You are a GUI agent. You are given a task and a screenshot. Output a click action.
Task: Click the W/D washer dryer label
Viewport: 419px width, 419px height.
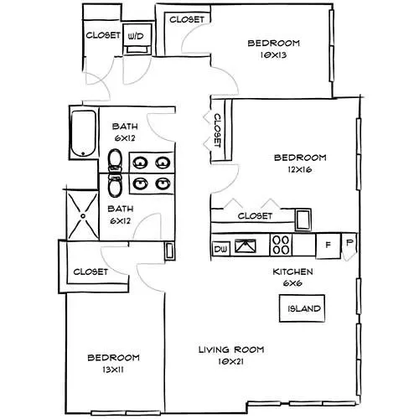click(x=136, y=36)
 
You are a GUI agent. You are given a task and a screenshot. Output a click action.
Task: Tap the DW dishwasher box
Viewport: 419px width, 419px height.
click(x=221, y=249)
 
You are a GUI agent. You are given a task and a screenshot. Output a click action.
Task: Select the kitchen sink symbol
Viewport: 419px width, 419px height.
click(x=246, y=246)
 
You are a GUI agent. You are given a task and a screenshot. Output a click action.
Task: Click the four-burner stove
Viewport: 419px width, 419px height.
click(x=281, y=245)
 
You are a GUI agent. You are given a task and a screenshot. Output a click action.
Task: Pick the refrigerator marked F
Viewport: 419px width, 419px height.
click(x=328, y=246)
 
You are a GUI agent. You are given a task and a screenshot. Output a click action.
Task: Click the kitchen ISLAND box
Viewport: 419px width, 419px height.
click(x=303, y=308)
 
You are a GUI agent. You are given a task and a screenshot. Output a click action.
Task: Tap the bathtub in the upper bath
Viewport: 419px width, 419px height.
click(x=84, y=133)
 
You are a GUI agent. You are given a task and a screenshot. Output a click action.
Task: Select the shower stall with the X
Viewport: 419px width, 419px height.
click(x=83, y=215)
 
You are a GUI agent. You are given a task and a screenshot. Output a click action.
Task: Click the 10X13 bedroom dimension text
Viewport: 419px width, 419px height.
click(x=273, y=55)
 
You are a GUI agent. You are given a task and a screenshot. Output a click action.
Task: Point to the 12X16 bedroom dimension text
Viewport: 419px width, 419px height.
click(x=300, y=169)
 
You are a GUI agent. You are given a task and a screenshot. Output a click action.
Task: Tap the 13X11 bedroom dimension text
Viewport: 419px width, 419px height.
click(x=113, y=370)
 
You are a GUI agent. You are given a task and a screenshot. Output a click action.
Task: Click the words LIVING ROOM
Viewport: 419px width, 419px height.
click(x=231, y=349)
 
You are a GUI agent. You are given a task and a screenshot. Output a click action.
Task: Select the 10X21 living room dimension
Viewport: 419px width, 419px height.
click(x=230, y=362)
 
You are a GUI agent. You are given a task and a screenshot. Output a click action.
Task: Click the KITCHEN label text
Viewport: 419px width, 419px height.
click(x=292, y=272)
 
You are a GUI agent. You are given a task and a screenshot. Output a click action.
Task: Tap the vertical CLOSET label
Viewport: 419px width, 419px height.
click(x=218, y=130)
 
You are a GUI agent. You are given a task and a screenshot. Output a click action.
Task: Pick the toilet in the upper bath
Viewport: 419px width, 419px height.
click(x=115, y=160)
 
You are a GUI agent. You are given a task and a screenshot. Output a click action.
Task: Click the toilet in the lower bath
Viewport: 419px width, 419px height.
click(x=115, y=185)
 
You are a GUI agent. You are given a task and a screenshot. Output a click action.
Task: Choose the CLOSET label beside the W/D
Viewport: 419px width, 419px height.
click(x=103, y=35)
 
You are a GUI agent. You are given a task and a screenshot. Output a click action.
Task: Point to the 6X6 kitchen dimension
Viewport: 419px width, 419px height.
click(x=292, y=283)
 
